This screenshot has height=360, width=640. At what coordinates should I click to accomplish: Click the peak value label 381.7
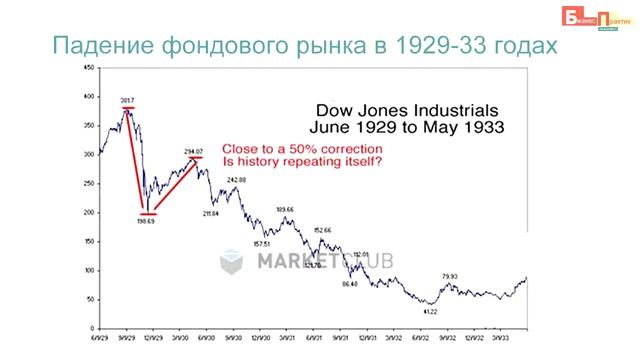coord(127,100)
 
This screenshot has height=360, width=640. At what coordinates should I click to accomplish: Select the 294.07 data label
coord(194,151)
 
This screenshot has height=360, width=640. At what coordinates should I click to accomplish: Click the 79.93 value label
coord(450,275)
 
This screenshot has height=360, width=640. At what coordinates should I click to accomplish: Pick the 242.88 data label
coord(237,179)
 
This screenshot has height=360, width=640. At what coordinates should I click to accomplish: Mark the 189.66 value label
coord(285,209)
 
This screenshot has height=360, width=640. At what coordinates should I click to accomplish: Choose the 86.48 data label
coord(349,284)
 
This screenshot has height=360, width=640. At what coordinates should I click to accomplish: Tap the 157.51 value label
coord(263,243)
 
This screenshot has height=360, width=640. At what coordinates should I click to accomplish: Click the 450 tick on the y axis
coord(90,68)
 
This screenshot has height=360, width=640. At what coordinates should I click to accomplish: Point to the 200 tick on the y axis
coord(90,212)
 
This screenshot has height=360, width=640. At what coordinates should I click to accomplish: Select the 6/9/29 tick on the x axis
coord(99,338)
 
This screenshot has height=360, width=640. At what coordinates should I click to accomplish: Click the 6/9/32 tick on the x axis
coord(427,338)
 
